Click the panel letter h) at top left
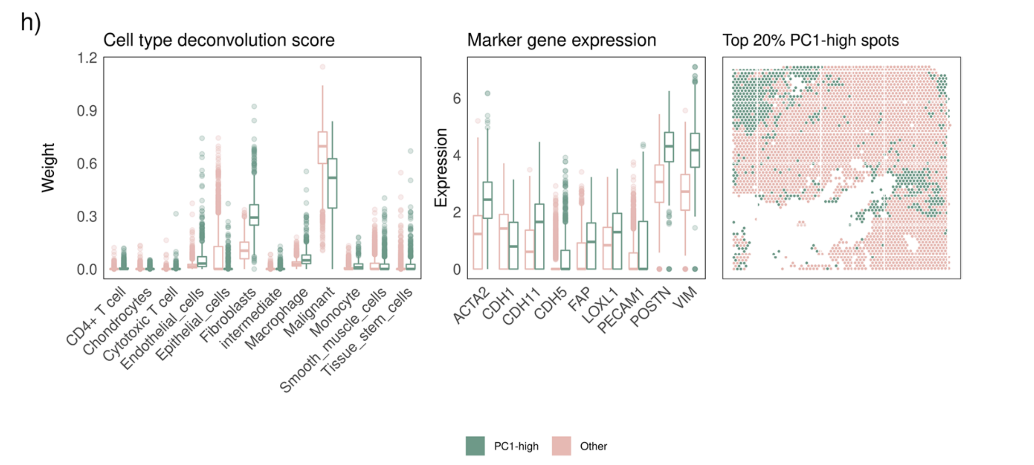[x=31, y=22]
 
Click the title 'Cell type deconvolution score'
[x=219, y=40]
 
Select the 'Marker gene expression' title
[x=561, y=40]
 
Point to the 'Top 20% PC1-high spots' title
[x=810, y=40]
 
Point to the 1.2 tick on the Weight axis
[x=87, y=58]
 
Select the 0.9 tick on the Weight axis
[x=87, y=111]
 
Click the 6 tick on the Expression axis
[x=457, y=98]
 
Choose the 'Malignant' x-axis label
[x=309, y=312]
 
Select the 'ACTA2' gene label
[x=472, y=305]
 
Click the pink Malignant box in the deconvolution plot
[x=322, y=148]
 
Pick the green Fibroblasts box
[x=254, y=215]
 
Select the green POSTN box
[x=669, y=147]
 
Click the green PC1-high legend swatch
[x=475, y=446]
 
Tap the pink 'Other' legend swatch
[x=561, y=446]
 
